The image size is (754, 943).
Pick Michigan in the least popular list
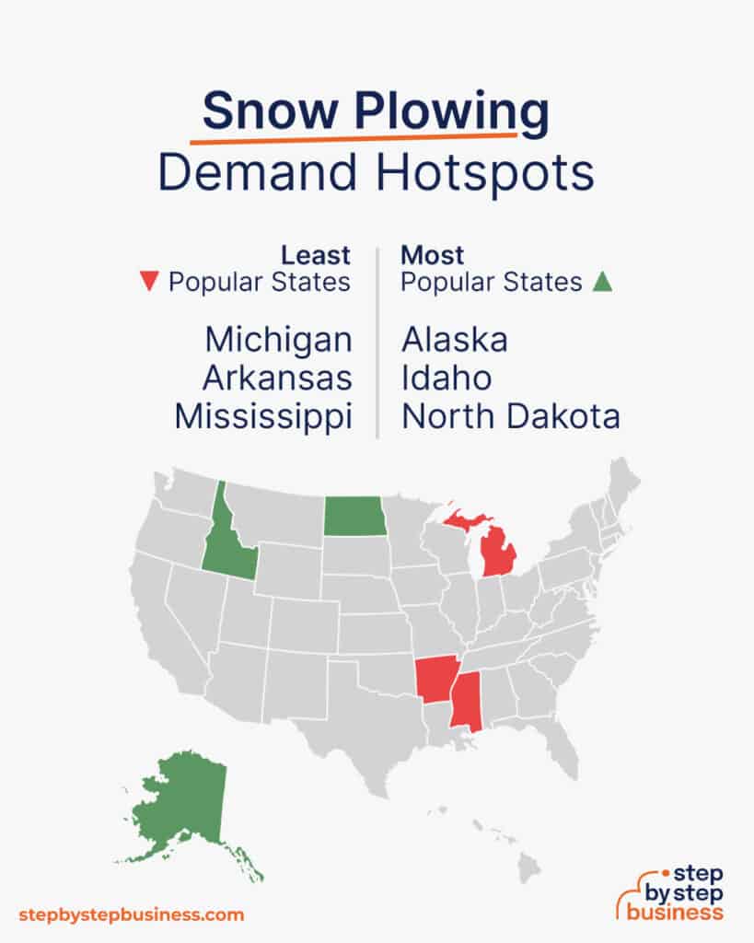278,340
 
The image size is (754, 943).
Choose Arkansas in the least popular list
277,378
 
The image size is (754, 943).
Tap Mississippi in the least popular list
263,417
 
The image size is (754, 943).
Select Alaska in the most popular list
454,340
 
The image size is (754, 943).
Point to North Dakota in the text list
510,417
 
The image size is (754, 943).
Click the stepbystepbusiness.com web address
132,914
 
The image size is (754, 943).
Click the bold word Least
316,254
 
